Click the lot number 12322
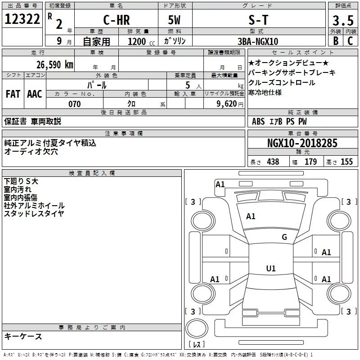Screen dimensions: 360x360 click(x=22, y=19)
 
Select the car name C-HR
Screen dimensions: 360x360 click(x=117, y=20)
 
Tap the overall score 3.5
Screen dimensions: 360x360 click(x=343, y=21)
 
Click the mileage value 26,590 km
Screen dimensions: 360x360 click(x=54, y=65)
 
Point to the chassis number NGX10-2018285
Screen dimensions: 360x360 click(x=302, y=143)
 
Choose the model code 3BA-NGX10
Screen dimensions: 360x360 click(x=258, y=41)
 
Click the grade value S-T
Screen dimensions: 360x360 click(x=258, y=20)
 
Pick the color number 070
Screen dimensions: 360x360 click(x=75, y=104)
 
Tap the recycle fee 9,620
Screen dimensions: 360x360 click(x=227, y=104)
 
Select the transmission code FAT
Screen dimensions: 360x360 click(x=13, y=94)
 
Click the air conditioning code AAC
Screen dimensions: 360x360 click(x=35, y=94)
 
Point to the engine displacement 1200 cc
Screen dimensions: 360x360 click(x=141, y=41)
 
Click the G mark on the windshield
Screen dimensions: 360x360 click(x=284, y=237)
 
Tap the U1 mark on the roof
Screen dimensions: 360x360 click(x=271, y=268)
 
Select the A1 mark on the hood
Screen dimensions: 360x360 click(x=251, y=216)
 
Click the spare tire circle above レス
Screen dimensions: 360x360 click(x=197, y=328)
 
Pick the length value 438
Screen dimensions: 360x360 click(x=273, y=162)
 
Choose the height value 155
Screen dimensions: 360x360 click(x=346, y=162)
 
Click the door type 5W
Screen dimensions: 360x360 click(x=174, y=20)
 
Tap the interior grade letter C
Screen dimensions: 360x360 click(x=350, y=41)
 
